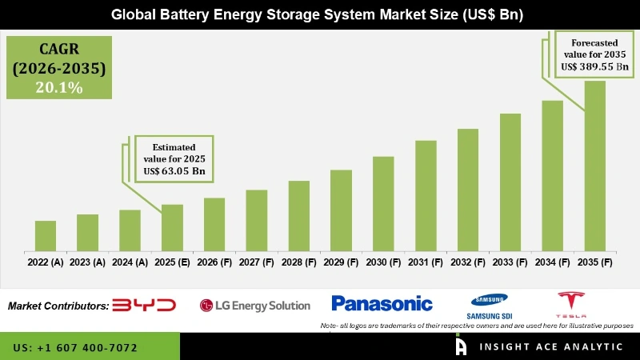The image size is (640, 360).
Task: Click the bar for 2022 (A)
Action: click(46, 235)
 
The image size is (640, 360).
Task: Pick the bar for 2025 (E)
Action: click(172, 227)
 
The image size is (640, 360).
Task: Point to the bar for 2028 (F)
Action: click(298, 215)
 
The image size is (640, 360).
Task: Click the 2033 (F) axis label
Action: click(510, 262)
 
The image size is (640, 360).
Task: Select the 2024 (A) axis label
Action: click(130, 262)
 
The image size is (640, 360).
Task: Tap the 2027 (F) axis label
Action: click(256, 262)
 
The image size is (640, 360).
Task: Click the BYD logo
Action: click(144, 305)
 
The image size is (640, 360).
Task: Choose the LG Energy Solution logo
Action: click(254, 305)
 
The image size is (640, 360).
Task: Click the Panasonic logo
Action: click(382, 303)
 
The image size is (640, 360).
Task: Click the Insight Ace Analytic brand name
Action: click(550, 347)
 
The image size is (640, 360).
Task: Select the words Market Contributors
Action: click(58, 306)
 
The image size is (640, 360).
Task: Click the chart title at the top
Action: click(320, 14)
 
